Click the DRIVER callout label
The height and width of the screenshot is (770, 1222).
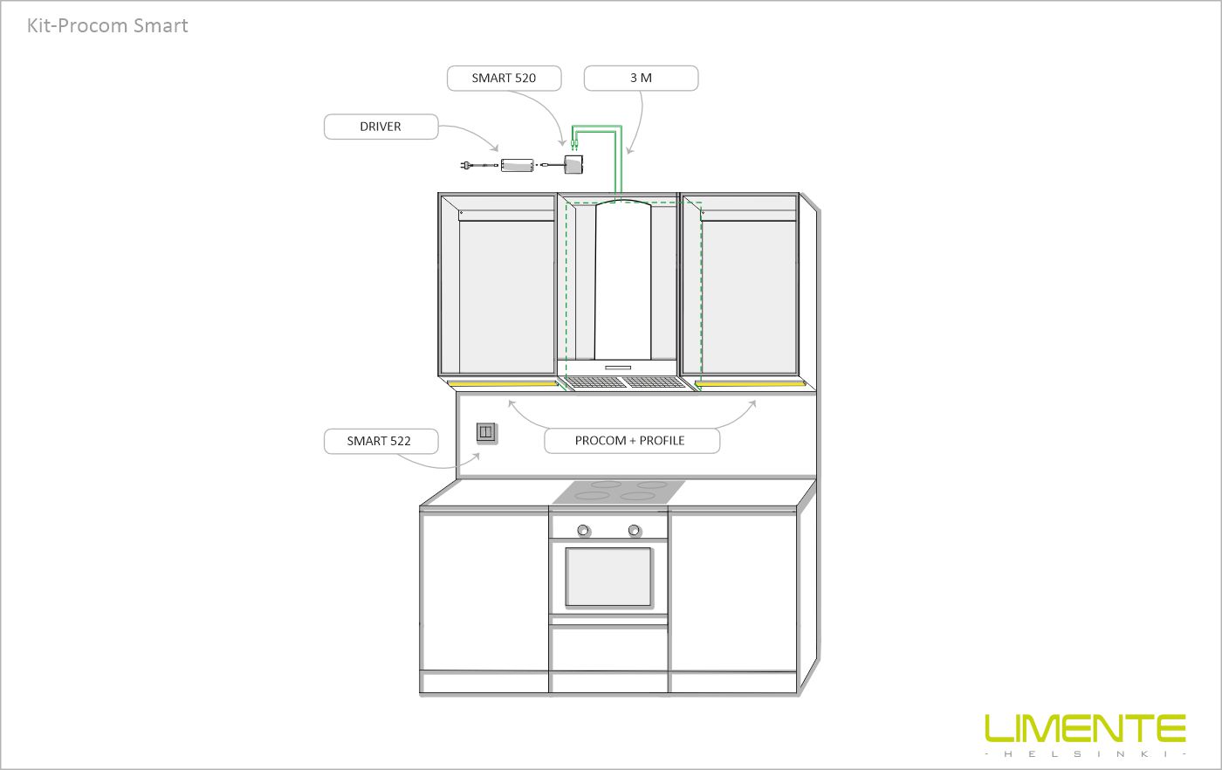(381, 127)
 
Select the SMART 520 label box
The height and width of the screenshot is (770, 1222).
(505, 78)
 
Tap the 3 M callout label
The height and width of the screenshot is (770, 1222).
(641, 78)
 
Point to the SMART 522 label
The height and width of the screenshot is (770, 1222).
(381, 441)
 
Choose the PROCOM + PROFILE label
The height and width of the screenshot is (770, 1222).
(632, 441)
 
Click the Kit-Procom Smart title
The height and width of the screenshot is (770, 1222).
(107, 25)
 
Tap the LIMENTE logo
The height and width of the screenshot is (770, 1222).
(1085, 728)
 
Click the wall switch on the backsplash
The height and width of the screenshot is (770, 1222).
(486, 433)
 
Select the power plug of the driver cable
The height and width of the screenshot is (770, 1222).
(465, 165)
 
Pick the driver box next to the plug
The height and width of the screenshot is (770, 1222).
(517, 165)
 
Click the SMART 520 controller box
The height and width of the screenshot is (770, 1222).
(573, 164)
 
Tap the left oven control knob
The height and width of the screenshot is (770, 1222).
(583, 531)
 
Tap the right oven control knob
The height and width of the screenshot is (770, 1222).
(634, 530)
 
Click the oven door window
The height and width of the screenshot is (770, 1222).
(608, 577)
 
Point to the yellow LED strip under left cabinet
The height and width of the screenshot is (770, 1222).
(503, 384)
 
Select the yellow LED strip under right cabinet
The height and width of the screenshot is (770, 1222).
(750, 384)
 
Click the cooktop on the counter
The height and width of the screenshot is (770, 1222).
(619, 492)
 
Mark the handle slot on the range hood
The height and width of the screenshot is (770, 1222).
(618, 368)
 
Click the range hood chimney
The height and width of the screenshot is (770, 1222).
(622, 280)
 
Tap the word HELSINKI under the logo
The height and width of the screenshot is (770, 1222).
(1086, 754)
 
